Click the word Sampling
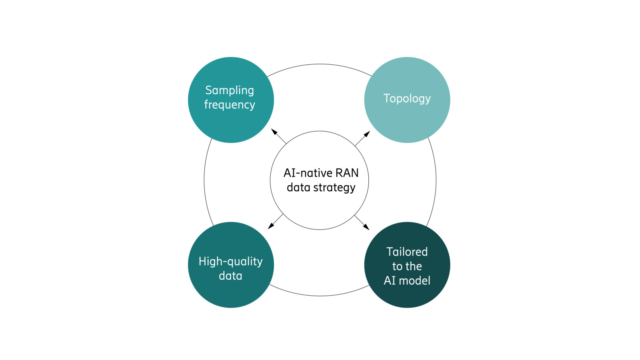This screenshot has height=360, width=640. point(229,90)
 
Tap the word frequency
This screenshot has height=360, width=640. point(229,105)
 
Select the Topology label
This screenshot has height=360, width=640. point(407,98)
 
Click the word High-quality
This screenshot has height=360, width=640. point(230,262)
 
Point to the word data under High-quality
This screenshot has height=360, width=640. point(230,276)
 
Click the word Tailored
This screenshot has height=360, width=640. point(407,252)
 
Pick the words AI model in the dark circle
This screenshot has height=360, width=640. point(407,281)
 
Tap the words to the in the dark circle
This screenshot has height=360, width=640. point(407,266)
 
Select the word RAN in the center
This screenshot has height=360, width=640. point(347,173)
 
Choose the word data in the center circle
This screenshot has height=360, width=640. point(298,188)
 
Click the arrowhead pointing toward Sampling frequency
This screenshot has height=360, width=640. point(274,132)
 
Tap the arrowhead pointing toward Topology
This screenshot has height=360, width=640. point(367,134)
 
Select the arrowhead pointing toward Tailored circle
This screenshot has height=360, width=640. point(366,227)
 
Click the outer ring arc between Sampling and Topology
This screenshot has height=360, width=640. point(320,64)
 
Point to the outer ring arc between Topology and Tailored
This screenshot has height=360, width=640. point(436,180)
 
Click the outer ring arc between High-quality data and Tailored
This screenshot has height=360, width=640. point(320,296)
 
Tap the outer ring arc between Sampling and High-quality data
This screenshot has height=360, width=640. point(204,180)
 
